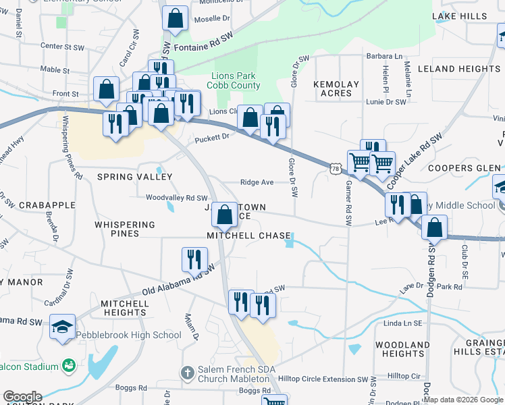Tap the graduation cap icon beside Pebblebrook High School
click(x=63, y=329)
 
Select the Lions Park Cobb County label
click(x=235, y=80)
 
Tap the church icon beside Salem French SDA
click(x=187, y=373)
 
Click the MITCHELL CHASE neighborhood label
click(x=248, y=236)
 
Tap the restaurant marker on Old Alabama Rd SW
click(x=194, y=259)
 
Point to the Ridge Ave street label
click(x=257, y=182)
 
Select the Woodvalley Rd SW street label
click(x=176, y=198)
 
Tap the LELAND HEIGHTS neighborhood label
click(x=459, y=69)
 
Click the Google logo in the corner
click(x=22, y=397)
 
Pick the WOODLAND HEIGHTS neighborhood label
click(x=402, y=349)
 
